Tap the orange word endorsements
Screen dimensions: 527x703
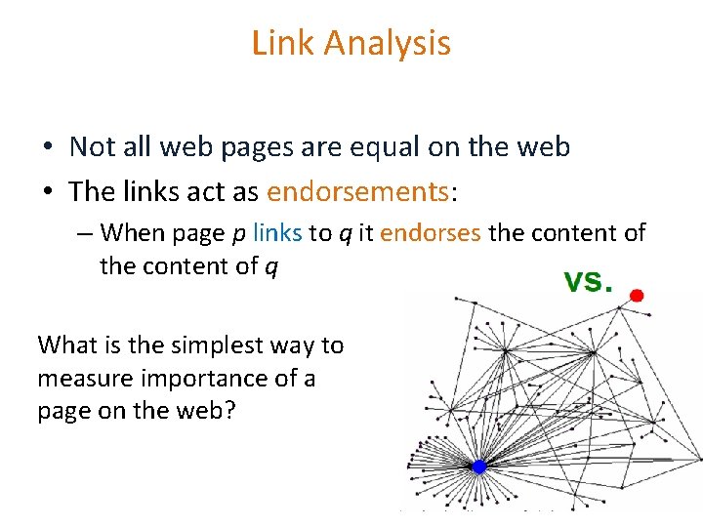(x=357, y=190)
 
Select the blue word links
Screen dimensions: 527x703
(x=277, y=233)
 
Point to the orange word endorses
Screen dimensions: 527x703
(x=431, y=233)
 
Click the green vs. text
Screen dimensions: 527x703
(x=586, y=281)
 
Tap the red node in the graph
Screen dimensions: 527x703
(x=637, y=295)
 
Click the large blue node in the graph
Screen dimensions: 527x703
(x=479, y=466)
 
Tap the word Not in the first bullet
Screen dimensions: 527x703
(x=93, y=146)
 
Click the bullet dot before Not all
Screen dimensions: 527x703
(x=47, y=147)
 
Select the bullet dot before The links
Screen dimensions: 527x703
(x=47, y=191)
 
